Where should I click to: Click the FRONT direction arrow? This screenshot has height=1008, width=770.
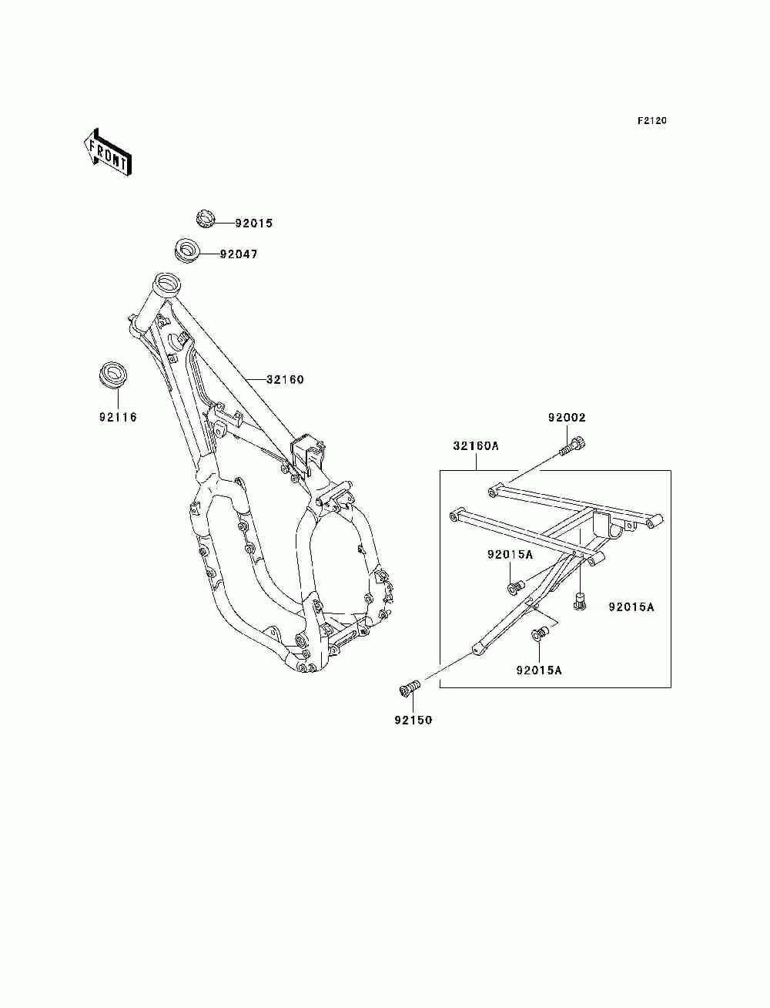coord(107,152)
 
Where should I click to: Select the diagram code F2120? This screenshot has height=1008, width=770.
coord(651,121)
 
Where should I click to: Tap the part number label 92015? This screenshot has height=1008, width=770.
coord(255,223)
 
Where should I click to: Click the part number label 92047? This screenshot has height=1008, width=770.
coord(239,254)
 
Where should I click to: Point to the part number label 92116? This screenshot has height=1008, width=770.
coord(118,418)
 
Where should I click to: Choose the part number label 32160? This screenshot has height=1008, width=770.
coord(285,379)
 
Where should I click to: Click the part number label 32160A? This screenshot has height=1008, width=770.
coord(476,445)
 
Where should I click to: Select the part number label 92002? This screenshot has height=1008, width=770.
coord(567,418)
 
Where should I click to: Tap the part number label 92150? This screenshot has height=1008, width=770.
coord(413,720)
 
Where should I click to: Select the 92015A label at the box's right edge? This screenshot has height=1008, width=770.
coord(631,607)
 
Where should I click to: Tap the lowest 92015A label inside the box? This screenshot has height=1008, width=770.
coord(539,670)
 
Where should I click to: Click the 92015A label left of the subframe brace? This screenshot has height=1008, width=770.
coord(510,555)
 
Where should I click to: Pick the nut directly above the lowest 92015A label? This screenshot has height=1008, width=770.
coord(540,635)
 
